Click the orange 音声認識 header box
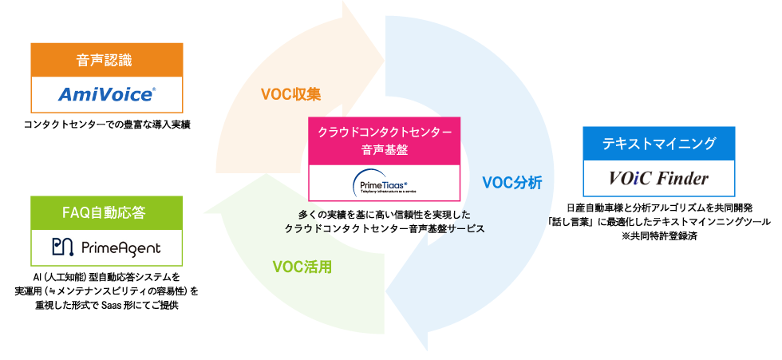point(106,60)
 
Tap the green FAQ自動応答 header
point(106,212)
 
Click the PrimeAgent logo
point(106,247)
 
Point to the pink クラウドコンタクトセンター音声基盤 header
point(385,139)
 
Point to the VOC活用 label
point(302,266)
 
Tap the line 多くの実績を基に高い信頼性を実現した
point(385,215)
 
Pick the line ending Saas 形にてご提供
point(106,306)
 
